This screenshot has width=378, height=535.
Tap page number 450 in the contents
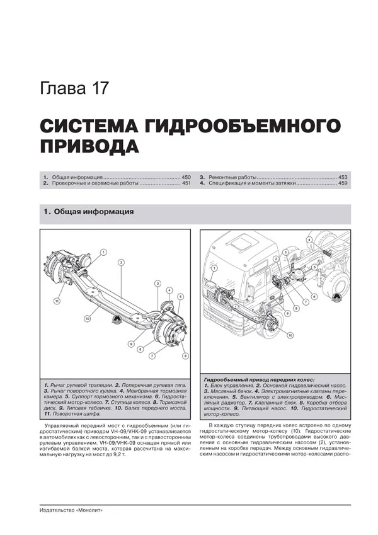186,178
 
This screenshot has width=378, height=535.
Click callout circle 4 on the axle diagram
169,290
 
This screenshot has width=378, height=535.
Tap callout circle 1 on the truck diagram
215,268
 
